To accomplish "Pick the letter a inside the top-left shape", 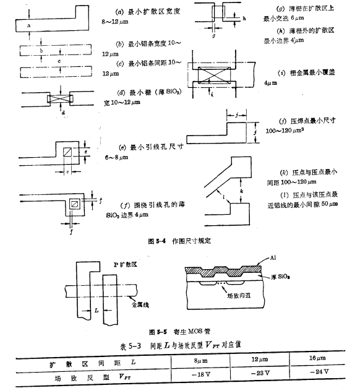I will [x=28, y=25].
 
